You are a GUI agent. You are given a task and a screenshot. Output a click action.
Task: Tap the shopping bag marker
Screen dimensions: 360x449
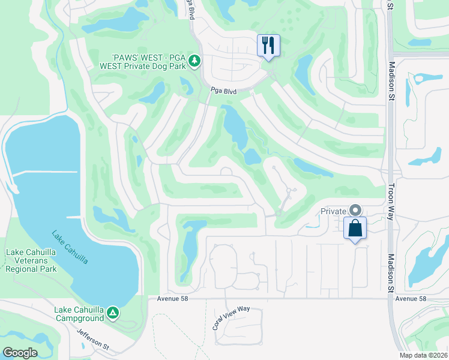tap(355, 228)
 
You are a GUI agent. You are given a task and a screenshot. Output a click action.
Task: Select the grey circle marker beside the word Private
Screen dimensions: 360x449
tap(355, 210)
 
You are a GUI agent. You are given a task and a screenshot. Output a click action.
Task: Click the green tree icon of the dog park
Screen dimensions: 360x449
tap(194, 60)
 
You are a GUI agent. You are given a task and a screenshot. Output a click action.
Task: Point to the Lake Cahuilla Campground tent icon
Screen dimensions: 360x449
tap(112, 312)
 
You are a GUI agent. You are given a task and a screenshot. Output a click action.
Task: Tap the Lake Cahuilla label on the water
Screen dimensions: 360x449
tap(71, 247)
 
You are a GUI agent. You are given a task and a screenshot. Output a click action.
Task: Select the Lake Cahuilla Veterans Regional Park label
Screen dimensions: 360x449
tap(31, 261)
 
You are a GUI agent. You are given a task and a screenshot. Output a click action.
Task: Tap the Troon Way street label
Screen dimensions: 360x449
tap(391, 201)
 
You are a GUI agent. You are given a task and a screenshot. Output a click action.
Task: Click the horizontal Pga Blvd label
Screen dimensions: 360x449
tap(223, 91)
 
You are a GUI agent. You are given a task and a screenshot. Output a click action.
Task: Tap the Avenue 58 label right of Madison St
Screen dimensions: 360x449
tap(411, 299)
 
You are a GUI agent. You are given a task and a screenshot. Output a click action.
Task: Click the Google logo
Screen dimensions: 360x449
tap(19, 353)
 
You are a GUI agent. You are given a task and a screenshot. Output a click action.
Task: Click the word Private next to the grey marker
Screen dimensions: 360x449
tap(333, 211)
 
